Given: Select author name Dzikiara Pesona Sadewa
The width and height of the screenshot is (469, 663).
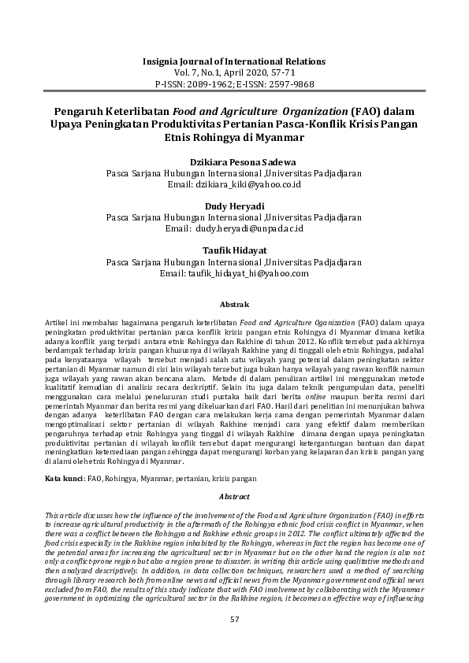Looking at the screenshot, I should click(234, 161).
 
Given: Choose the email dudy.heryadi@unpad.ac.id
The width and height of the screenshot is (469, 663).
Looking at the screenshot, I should click(249, 228).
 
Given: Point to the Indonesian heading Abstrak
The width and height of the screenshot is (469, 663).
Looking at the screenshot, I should click(234, 304).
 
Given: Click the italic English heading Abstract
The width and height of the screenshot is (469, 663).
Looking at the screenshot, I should click(234, 498).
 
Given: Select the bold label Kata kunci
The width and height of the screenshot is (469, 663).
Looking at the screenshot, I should click(63, 478).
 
